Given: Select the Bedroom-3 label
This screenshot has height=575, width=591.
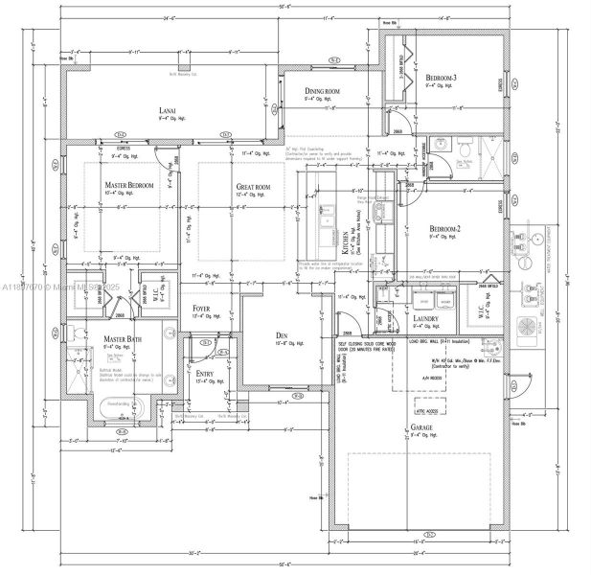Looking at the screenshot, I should (442, 77).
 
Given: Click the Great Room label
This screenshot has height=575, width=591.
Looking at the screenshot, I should (254, 187).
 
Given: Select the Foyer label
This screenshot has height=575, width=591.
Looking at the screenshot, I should (201, 309).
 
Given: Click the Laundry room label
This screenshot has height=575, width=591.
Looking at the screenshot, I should (426, 318).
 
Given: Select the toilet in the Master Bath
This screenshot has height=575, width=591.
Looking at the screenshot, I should (75, 333).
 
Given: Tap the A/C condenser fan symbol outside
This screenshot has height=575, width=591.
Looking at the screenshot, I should (528, 327).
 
